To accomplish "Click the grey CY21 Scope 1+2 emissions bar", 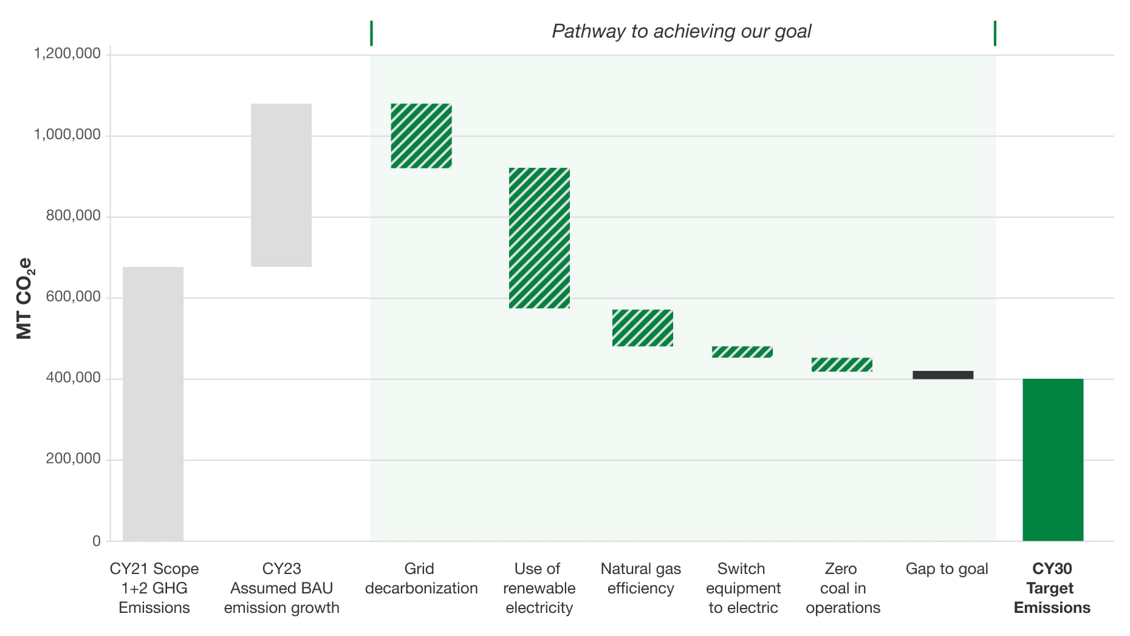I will tap(153, 404).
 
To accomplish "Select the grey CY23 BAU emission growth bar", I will tap(281, 185).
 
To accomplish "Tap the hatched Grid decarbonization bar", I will tap(421, 136).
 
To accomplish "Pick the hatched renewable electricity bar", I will tap(539, 238).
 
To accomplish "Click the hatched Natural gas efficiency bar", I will tap(642, 328).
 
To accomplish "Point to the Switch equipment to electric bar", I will tap(742, 352).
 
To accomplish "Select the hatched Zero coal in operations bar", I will tap(842, 364).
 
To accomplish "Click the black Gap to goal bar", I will tap(943, 375).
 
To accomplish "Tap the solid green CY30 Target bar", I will tap(1053, 460).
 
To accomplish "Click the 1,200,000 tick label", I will tap(67, 54).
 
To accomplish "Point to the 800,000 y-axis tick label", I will tap(73, 216).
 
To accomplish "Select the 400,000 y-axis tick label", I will tap(73, 378).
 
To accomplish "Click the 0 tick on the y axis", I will tap(97, 541).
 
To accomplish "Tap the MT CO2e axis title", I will tap(24, 298).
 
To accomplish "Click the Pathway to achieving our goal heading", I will tap(681, 31).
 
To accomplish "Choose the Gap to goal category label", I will tap(947, 569).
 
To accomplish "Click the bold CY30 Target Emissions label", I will tap(1052, 588).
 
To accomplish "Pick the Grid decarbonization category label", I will tap(421, 578).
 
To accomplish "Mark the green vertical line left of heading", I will tap(371, 33).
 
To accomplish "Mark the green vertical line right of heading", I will tap(995, 33).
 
